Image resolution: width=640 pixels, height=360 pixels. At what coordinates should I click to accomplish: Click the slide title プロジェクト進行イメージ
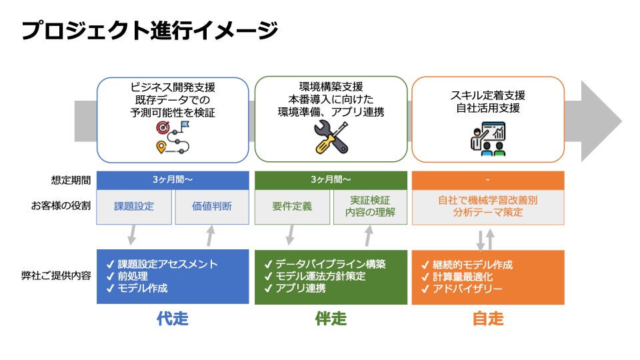pyautogui.click(x=149, y=31)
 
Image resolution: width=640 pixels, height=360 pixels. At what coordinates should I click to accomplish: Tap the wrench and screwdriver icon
pyautogui.click(x=331, y=138)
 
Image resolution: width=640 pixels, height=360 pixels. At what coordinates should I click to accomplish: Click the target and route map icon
pyautogui.click(x=173, y=138)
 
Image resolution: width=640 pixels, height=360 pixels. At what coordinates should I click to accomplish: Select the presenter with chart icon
pyautogui.click(x=487, y=139)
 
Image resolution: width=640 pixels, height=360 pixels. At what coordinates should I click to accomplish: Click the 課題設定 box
pyautogui.click(x=133, y=207)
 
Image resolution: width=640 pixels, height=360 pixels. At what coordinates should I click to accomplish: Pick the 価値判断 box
pyautogui.click(x=211, y=207)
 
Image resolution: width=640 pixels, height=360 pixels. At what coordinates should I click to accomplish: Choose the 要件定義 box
pyautogui.click(x=292, y=207)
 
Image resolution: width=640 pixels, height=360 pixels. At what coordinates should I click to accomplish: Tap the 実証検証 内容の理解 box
pyautogui.click(x=370, y=207)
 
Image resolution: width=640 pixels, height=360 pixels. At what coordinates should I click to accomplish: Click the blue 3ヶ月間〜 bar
pyautogui.click(x=173, y=180)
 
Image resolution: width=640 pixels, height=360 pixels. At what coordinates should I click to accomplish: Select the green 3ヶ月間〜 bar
pyautogui.click(x=331, y=180)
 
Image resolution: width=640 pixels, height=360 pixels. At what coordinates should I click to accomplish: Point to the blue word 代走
pyautogui.click(x=173, y=319)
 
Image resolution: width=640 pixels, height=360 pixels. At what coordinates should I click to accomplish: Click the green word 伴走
pyautogui.click(x=331, y=319)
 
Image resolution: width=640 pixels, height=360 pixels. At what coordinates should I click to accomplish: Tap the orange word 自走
pyautogui.click(x=488, y=319)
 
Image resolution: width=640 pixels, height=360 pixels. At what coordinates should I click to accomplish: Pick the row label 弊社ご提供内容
pyautogui.click(x=57, y=276)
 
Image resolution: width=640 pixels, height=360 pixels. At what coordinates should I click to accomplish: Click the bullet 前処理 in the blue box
pyautogui.click(x=133, y=276)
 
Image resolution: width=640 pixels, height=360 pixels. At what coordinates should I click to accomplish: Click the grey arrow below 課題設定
pyautogui.click(x=132, y=235)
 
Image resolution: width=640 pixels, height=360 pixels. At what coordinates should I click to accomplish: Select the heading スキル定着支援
pyautogui.click(x=488, y=95)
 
